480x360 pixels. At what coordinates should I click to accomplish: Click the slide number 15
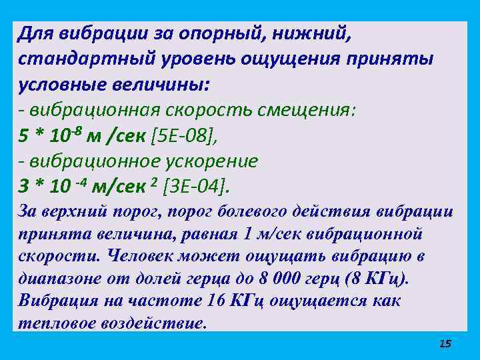(445, 343)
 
